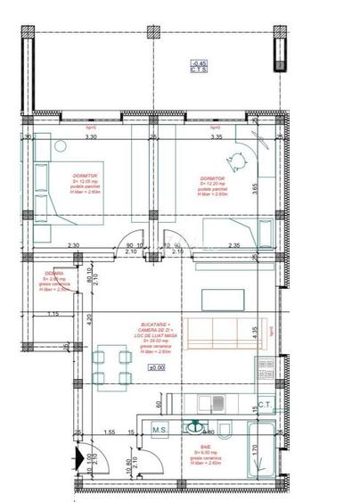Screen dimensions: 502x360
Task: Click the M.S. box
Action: pos(160,431)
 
